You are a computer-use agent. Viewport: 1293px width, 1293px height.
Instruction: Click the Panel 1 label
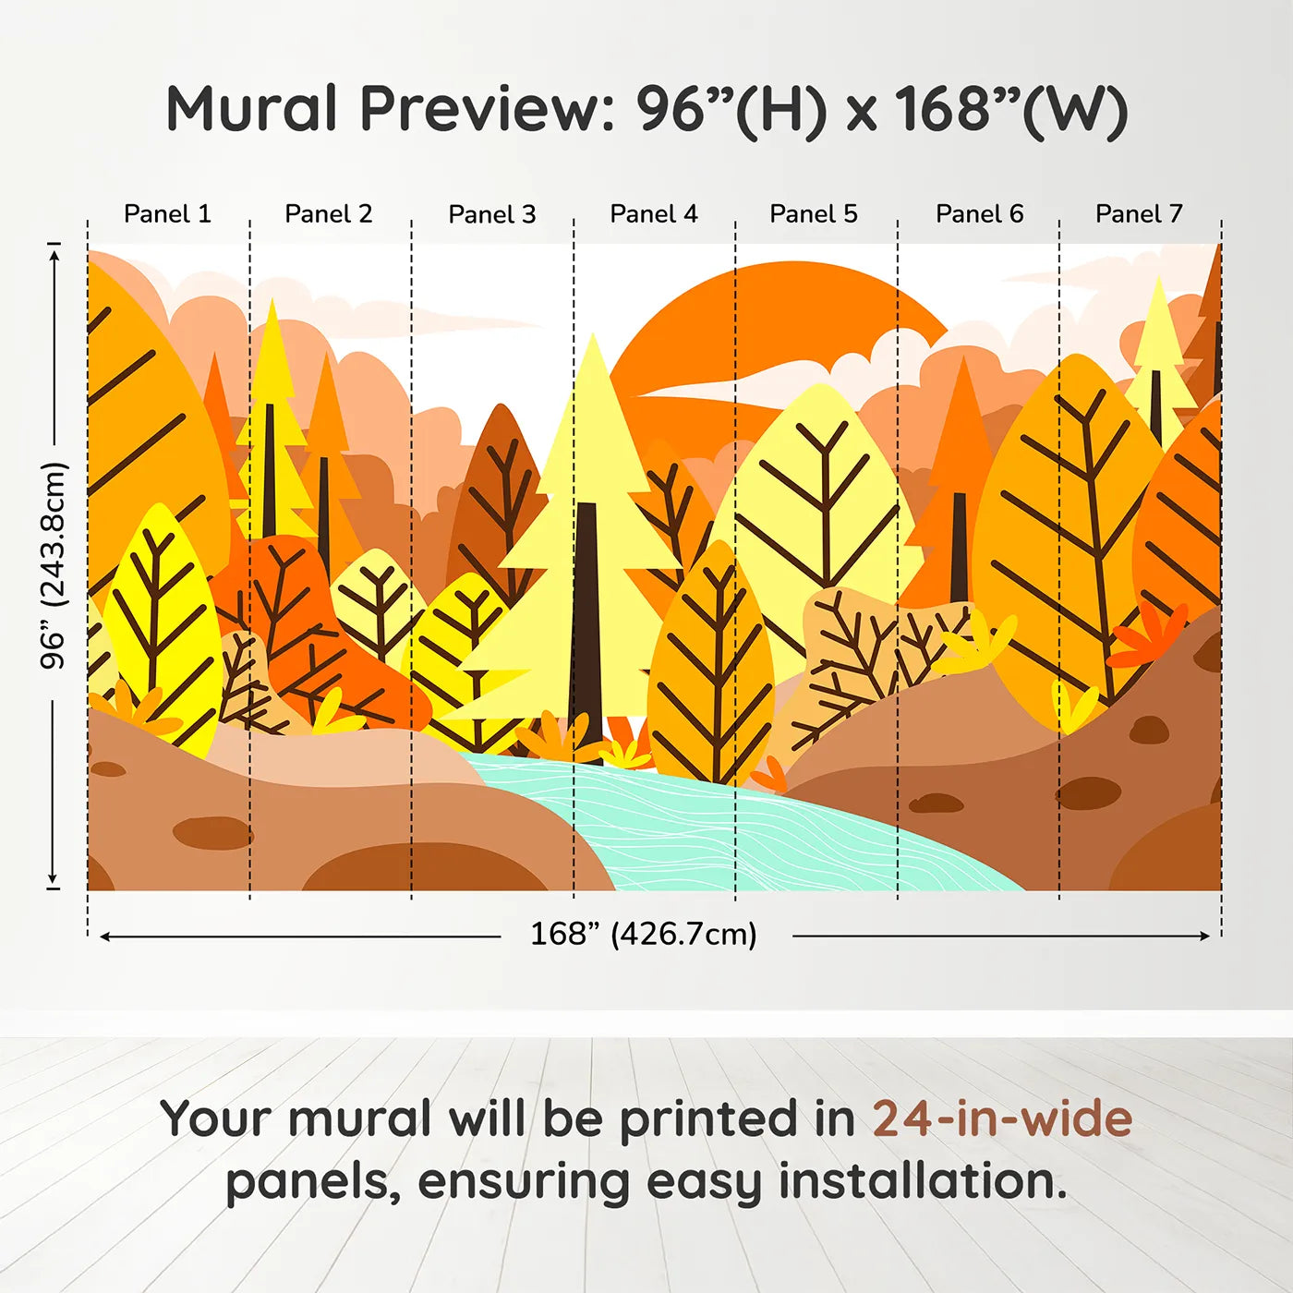167,214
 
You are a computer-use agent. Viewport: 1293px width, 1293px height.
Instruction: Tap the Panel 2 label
328,214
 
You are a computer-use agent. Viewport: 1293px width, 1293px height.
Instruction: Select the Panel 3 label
492,214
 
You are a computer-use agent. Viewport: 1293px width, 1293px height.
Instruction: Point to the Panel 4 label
654,214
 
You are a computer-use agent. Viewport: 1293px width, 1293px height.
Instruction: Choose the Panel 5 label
814,214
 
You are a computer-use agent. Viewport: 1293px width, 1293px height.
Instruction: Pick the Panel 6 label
980,214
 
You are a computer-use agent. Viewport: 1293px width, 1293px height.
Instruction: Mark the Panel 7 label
1139,214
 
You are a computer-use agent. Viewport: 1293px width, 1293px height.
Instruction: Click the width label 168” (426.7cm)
644,934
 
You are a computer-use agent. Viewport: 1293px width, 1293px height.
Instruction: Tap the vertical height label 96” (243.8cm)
53,565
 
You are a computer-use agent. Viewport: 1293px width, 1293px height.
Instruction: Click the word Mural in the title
251,109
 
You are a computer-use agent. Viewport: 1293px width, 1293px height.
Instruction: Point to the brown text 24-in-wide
1002,1118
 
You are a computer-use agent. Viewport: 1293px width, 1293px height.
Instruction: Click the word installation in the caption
923,1181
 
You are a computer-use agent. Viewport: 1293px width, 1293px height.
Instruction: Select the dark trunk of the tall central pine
586,631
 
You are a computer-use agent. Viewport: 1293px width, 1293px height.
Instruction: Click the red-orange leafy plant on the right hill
1145,634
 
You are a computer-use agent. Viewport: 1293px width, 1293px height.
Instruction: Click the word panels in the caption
308,1183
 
